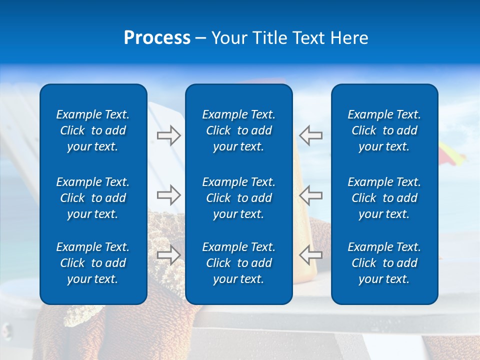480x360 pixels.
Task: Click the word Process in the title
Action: (x=157, y=38)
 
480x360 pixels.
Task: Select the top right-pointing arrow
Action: (x=168, y=135)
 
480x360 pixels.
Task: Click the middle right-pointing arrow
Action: (x=168, y=194)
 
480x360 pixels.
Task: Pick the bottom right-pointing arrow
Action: (x=168, y=254)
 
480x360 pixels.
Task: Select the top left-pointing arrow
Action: (x=310, y=135)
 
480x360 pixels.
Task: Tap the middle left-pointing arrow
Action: (x=310, y=194)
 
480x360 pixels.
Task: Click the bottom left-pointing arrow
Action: (x=310, y=254)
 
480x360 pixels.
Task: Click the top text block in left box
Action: (x=93, y=130)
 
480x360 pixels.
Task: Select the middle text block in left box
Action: (x=93, y=198)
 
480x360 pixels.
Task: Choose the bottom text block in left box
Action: (x=93, y=263)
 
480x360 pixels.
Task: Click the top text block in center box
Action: (x=238, y=130)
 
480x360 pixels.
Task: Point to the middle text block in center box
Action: (x=238, y=198)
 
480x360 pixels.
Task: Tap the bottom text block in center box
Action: (x=238, y=263)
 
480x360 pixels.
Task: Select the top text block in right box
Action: (x=384, y=130)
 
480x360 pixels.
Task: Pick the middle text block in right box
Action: (x=384, y=198)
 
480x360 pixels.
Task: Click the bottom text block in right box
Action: (x=384, y=263)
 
